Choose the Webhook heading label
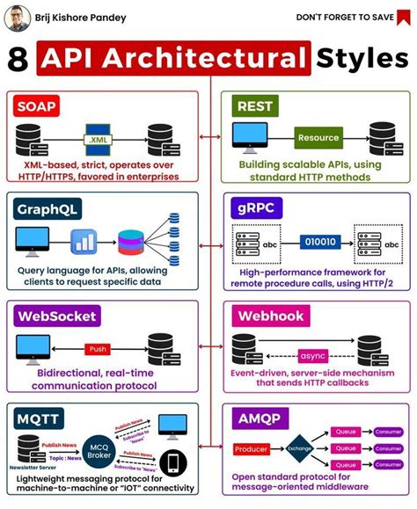coord(269,315)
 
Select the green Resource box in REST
coord(318,138)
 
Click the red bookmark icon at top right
coord(404,17)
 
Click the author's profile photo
coord(17,17)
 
